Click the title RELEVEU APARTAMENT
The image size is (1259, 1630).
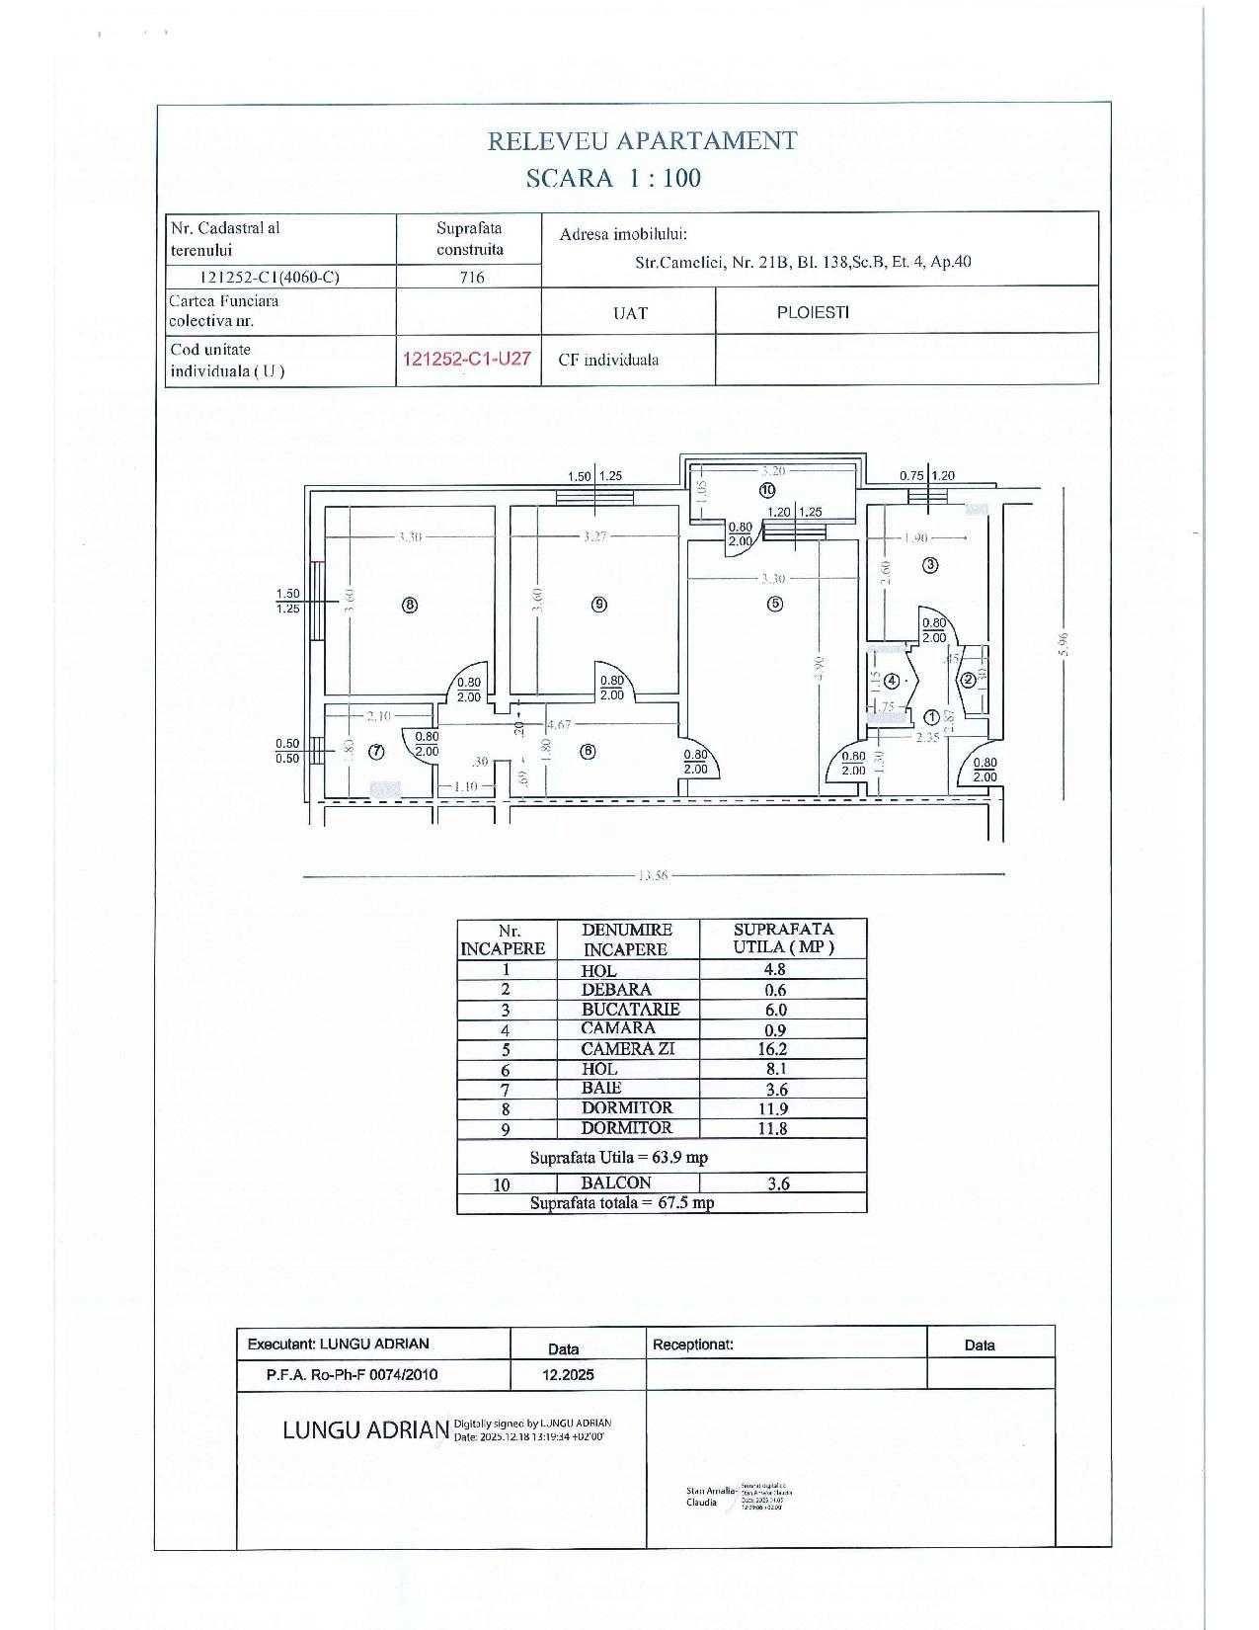tap(642, 141)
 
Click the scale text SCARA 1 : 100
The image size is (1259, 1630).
tap(613, 179)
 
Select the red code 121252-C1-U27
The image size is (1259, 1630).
tap(468, 358)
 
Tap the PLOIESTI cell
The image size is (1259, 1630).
tap(813, 312)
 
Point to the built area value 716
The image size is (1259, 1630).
tap(472, 278)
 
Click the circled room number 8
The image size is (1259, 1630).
tap(410, 605)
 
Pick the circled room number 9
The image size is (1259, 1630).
tap(598, 605)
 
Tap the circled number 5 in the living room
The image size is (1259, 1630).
tap(775, 603)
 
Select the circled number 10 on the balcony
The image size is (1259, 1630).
tap(767, 490)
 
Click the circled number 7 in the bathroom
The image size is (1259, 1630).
tap(375, 752)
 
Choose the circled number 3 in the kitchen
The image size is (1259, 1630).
tap(930, 565)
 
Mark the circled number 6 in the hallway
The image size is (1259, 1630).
tap(589, 751)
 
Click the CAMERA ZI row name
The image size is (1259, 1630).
tap(627, 1049)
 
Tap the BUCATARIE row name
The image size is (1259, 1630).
tap(630, 1010)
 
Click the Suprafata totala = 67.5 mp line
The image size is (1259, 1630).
tap(622, 1203)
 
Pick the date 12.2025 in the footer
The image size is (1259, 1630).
tap(568, 1374)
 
